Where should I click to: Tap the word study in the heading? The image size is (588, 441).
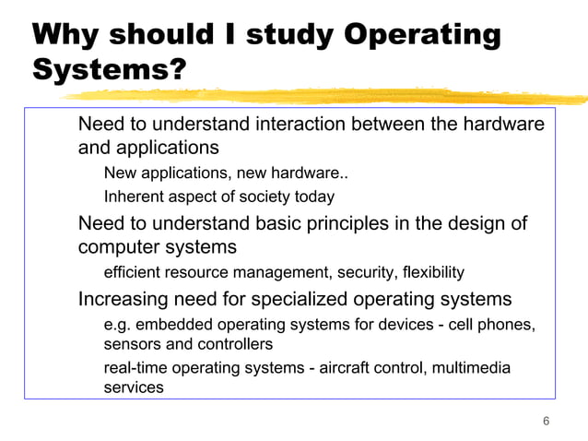pyautogui.click(x=292, y=35)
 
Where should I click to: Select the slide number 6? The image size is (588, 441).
pyautogui.click(x=547, y=422)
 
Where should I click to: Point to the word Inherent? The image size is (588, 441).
pyautogui.click(x=134, y=197)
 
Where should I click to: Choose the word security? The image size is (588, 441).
pyautogui.click(x=366, y=273)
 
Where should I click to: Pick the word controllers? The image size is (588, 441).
pyautogui.click(x=234, y=344)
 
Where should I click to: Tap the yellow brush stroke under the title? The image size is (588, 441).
pyautogui.click(x=387, y=95)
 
